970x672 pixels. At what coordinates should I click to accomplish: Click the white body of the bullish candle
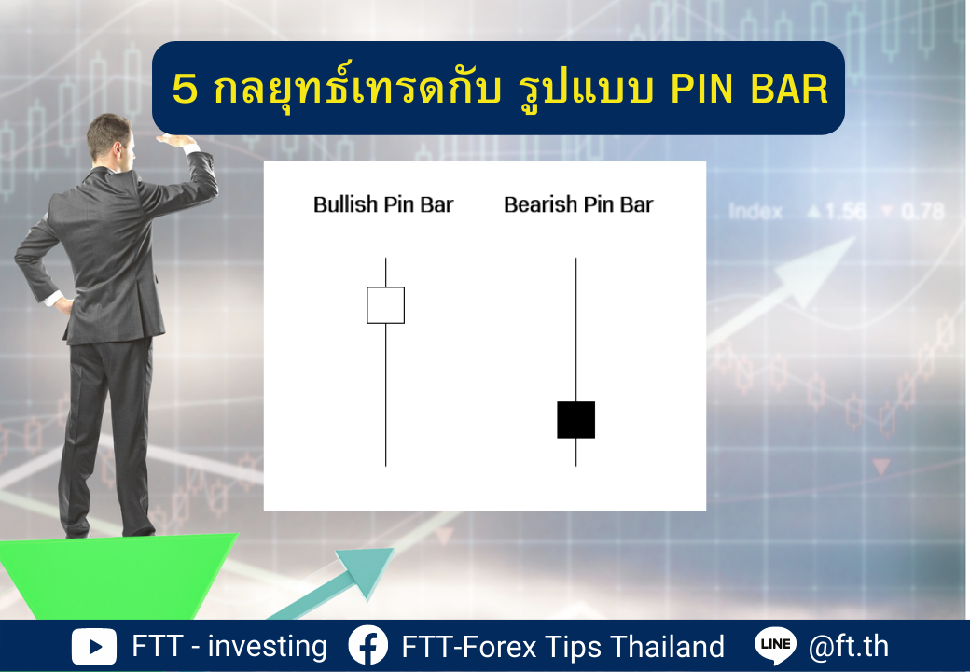tap(385, 305)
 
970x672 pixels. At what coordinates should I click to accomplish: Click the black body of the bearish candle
tap(576, 420)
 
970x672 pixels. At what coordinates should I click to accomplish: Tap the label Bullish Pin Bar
tap(383, 204)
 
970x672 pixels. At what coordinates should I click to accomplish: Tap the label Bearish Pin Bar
tap(578, 204)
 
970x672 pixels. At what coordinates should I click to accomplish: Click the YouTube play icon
tap(94, 647)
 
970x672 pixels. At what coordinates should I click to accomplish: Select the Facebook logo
tap(368, 645)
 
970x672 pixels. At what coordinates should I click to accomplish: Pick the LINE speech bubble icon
tap(776, 645)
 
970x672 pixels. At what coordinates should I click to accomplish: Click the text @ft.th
tap(849, 646)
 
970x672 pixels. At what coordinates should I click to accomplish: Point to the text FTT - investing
tap(229, 646)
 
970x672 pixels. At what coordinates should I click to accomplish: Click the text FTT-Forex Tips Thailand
tap(563, 647)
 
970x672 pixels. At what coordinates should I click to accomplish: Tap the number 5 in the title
tap(185, 89)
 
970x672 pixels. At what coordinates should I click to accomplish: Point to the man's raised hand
tap(175, 140)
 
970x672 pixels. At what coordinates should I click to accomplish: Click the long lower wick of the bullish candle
tap(385, 395)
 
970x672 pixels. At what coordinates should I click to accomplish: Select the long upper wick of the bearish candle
tap(576, 329)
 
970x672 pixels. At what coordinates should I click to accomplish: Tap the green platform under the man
tap(118, 576)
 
